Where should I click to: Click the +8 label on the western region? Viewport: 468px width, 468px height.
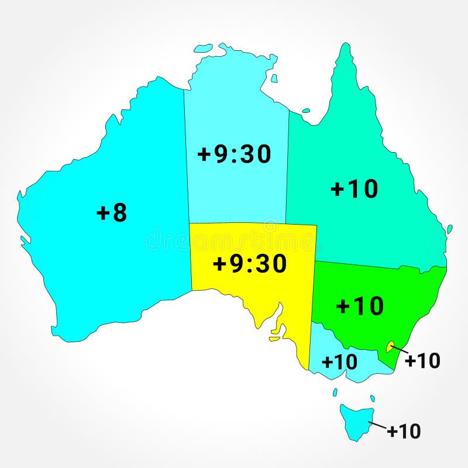tap(111, 213)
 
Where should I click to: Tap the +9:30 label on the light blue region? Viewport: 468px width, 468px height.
tap(234, 154)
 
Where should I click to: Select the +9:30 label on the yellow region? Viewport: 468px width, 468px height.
tap(250, 264)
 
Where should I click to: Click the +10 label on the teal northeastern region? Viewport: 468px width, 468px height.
tap(354, 189)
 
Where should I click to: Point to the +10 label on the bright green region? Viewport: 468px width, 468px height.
tap(360, 305)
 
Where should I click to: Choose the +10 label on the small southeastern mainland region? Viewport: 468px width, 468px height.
tap(339, 362)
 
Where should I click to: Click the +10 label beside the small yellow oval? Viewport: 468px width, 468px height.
tap(422, 361)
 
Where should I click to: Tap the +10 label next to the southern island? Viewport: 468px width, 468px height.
tap(404, 431)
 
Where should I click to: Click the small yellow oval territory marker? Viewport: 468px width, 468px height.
tap(389, 347)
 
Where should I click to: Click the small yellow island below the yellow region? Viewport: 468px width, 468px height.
tap(274, 338)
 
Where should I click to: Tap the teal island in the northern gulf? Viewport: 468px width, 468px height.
tap(306, 109)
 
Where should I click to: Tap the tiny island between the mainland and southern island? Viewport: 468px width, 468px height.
tap(335, 392)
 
